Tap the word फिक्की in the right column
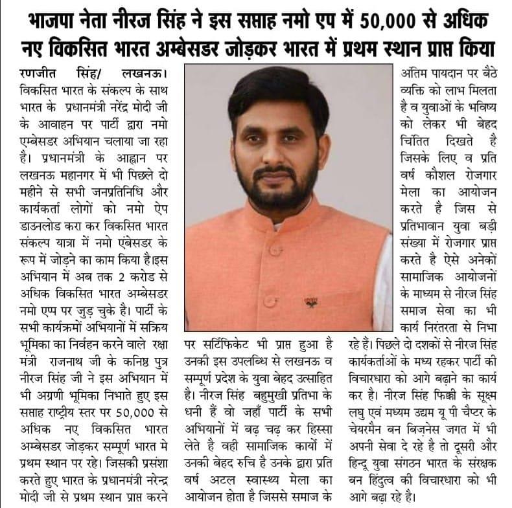(x=470, y=395)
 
